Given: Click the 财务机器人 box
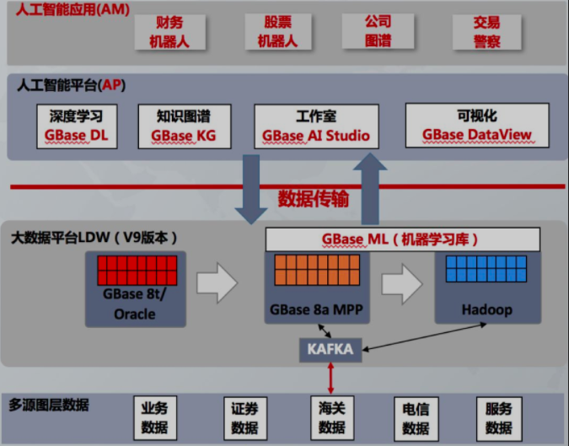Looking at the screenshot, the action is pos(169,32).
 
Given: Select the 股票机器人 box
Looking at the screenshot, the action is pos(278,31).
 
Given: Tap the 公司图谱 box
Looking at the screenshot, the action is pos(378,31).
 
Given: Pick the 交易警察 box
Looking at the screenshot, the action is pos(486,32).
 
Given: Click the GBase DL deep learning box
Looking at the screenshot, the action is pos(77,126).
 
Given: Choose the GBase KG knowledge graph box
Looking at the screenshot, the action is pos(185,126).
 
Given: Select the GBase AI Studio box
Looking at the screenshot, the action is pos(316,126).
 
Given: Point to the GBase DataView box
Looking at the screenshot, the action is pos(477,126).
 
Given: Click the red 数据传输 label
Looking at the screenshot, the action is pos(314,198).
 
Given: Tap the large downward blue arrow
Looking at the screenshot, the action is pos(251,189).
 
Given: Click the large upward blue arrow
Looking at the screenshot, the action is pos(370,189).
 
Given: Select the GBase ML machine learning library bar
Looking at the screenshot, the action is pos(403,239).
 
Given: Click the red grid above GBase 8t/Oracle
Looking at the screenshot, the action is pos(137,271).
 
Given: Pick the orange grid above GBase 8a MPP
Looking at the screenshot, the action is pos(317,270).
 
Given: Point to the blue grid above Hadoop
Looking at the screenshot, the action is pos(486,269).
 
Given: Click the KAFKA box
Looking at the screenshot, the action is pos(330,350).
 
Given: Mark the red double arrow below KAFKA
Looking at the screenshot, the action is pos(330,379).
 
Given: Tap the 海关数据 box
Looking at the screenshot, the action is pos(332,418).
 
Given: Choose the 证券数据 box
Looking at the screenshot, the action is pos(245,418).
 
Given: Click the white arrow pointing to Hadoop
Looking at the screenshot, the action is pos(402,284).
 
